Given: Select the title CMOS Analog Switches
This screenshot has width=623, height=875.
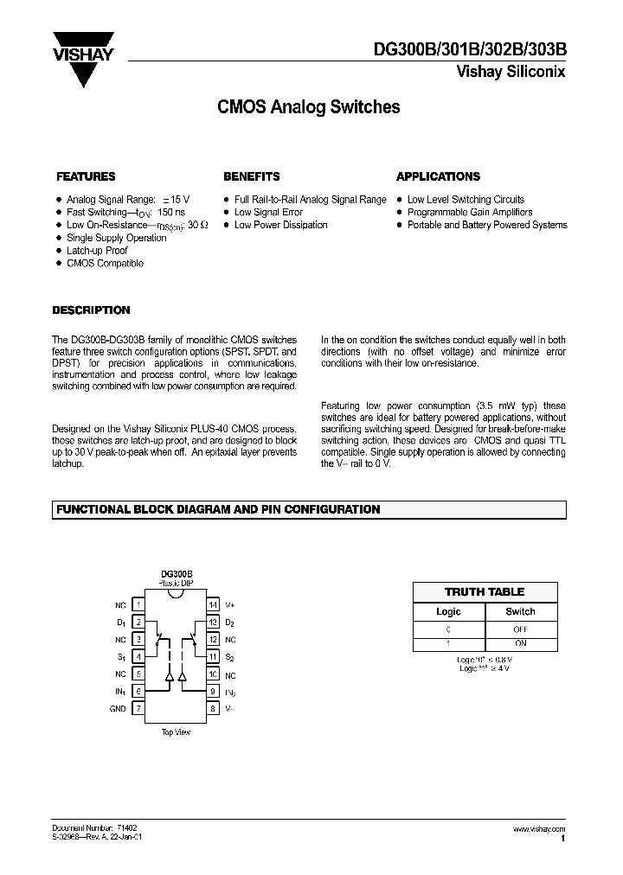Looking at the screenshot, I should pos(306,108).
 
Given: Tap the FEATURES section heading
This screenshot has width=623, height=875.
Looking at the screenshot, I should pos(86,176).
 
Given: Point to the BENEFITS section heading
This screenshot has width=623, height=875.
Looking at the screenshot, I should pos(252,176).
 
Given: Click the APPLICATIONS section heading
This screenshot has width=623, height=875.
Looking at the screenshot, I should pos(438,176).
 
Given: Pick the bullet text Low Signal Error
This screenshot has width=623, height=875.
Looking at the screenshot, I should pos(268,212).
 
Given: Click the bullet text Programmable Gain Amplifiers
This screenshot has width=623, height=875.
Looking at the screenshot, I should pos(470,212).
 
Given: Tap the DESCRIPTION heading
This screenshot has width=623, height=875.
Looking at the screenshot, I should pos(92,310).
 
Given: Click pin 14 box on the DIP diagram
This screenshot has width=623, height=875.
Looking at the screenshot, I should pos(212,605).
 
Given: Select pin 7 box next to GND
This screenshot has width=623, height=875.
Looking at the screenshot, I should pos(138,709).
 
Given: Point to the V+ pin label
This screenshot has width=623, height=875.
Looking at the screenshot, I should pos(229,605).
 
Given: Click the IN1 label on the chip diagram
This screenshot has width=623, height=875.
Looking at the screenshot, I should pos(119,692).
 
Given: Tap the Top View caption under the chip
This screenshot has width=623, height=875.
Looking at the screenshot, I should pos(176,732).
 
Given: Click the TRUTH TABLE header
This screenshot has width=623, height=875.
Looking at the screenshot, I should pos(485,592).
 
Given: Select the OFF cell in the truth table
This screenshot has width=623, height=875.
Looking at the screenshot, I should pos(521,630).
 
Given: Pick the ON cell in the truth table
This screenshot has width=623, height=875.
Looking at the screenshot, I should pos(521,644).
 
